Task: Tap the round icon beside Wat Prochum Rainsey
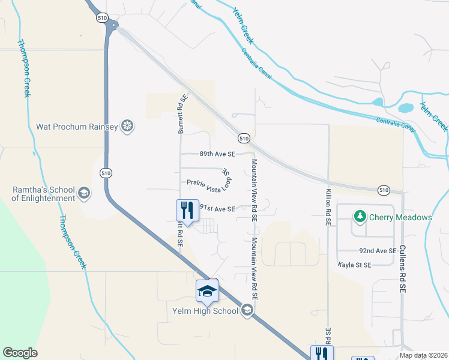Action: (x=127, y=126)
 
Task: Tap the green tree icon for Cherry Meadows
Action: (x=360, y=216)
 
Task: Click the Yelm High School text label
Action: (x=205, y=311)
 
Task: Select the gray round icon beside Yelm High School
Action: (x=247, y=310)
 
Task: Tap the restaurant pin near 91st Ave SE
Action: (x=187, y=211)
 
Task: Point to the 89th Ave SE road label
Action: (x=217, y=154)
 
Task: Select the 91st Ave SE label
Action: (x=217, y=208)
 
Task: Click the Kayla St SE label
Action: (x=355, y=264)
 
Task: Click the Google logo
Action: (x=20, y=353)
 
